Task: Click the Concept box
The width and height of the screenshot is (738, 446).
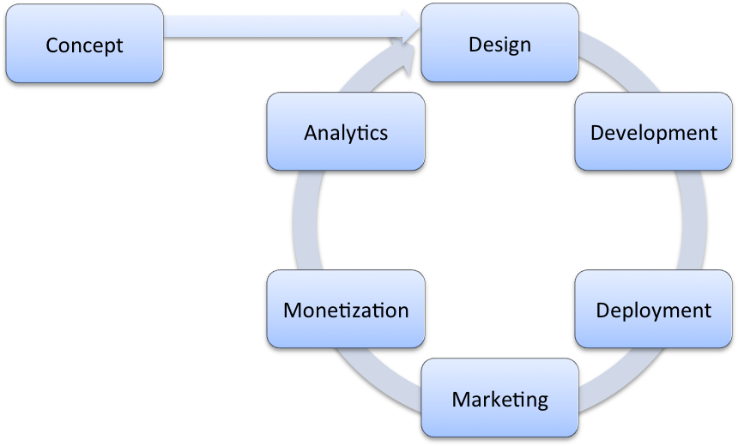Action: coord(84,44)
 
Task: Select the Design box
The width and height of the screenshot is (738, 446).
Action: coord(499,44)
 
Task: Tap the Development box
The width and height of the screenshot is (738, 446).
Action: coord(653,132)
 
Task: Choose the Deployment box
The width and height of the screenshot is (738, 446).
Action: coord(653,310)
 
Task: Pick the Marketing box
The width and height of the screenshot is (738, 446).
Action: coord(499,398)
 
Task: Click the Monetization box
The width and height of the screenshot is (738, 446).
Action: coord(346,310)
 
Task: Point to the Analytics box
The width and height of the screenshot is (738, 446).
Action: coord(346,132)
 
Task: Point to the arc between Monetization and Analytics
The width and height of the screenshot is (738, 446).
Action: coord(305,220)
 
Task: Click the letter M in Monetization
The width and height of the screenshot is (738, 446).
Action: coord(292,310)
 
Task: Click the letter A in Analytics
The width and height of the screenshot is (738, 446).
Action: coord(311,132)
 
